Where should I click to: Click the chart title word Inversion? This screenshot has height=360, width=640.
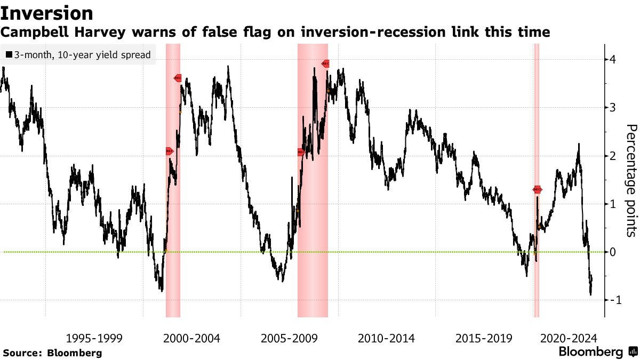47,13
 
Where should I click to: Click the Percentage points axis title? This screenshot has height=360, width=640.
630,180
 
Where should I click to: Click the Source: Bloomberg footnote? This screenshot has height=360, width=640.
52,353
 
